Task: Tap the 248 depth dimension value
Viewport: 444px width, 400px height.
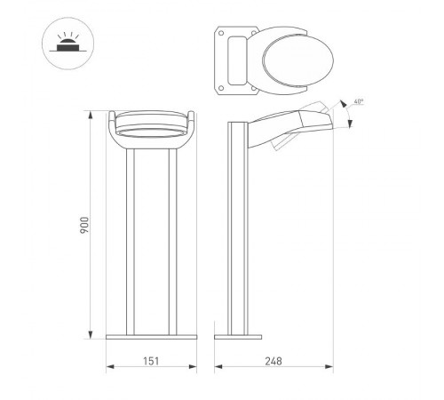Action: point(274,362)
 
